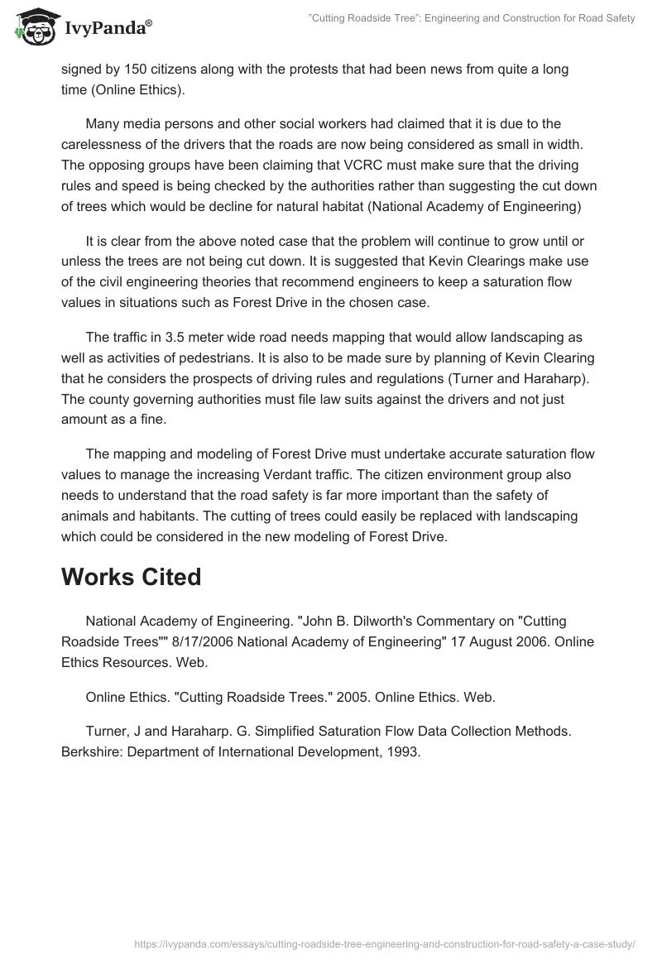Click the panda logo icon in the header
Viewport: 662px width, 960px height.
click(x=34, y=26)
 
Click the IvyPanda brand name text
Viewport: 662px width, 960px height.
click(x=107, y=27)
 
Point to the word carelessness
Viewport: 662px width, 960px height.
click(x=98, y=144)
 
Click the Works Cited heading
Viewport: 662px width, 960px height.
click(x=131, y=577)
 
